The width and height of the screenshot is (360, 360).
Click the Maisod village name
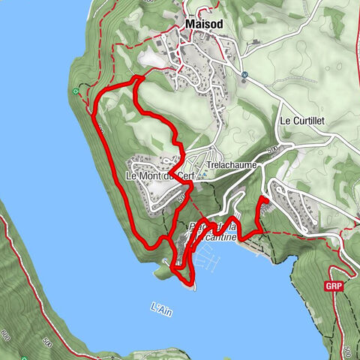(204, 25)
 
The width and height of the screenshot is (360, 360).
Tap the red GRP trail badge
(334, 286)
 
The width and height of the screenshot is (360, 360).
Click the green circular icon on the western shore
(76, 92)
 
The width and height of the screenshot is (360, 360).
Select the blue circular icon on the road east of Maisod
(244, 75)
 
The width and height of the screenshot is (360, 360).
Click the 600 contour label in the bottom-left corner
(6, 333)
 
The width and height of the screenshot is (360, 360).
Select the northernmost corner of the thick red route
(138, 77)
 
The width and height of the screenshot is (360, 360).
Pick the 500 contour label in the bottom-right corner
(347, 349)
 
